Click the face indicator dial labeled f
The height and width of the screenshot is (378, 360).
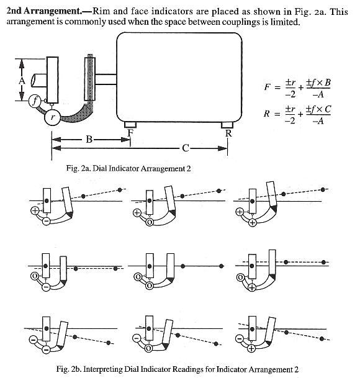pyautogui.click(x=35, y=101)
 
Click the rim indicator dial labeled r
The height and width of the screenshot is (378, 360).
pyautogui.click(x=52, y=117)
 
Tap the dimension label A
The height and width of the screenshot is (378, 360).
pyautogui.click(x=22, y=81)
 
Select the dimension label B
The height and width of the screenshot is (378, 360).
pyautogui.click(x=89, y=139)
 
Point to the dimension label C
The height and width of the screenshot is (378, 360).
pyautogui.click(x=185, y=148)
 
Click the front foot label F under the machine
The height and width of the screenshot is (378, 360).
pyautogui.click(x=130, y=133)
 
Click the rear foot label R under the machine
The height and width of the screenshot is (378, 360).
pyautogui.click(x=228, y=133)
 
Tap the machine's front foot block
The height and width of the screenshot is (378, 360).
pyautogui.click(x=130, y=125)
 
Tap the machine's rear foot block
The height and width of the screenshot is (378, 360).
pyautogui.click(x=227, y=125)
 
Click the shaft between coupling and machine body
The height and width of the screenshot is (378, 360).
pyautogui.click(x=106, y=79)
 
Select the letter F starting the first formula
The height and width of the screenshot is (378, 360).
pyautogui.click(x=267, y=87)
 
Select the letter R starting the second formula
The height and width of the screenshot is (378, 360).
pyautogui.click(x=267, y=114)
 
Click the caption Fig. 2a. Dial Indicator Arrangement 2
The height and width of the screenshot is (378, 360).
pyautogui.click(x=128, y=168)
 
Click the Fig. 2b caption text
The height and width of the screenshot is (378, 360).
pyautogui.click(x=178, y=369)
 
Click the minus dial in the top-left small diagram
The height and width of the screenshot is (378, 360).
pyautogui.click(x=47, y=221)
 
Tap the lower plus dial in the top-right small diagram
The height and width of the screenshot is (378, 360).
pyautogui.click(x=253, y=222)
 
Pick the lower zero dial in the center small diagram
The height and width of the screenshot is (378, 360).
pyautogui.click(x=150, y=286)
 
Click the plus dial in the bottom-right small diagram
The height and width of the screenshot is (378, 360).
pyautogui.click(x=251, y=348)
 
